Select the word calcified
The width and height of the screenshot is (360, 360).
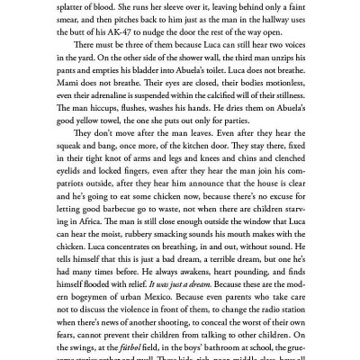[x=213, y=121]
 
